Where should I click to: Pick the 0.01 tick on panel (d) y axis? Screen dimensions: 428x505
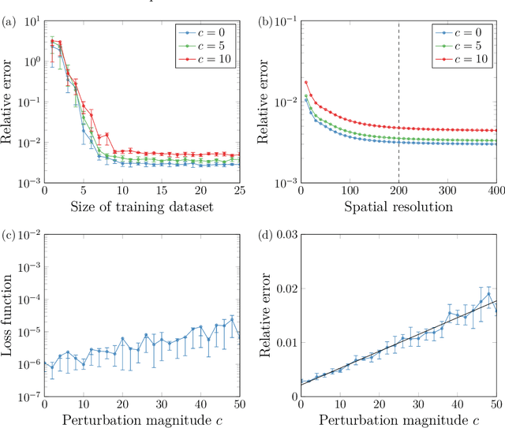[283, 341]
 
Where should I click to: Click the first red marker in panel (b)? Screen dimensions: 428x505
[306, 82]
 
